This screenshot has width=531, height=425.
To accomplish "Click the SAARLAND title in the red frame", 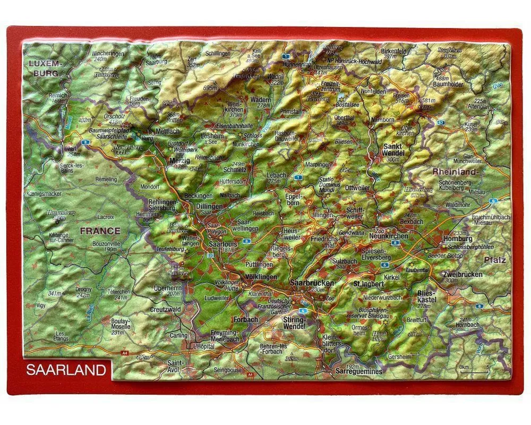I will (x=66, y=370).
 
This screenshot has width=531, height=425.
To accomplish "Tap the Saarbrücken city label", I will (x=312, y=283).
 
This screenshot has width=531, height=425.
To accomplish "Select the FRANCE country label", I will (x=100, y=231).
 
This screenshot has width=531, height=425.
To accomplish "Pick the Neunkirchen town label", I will (x=388, y=236).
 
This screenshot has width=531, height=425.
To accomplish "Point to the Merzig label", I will (x=179, y=160).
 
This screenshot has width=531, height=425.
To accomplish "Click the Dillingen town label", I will (x=210, y=206).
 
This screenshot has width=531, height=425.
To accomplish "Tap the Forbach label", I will (x=245, y=320).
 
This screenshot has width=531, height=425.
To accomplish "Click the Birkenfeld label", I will (x=393, y=51).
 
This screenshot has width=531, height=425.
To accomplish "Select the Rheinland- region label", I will (x=456, y=172).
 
